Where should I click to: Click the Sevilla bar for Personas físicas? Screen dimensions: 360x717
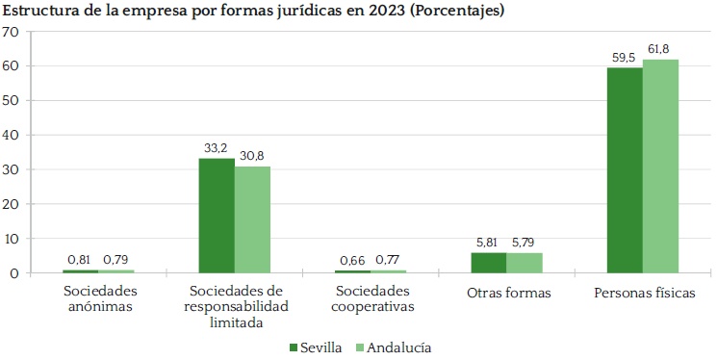[x=625, y=170]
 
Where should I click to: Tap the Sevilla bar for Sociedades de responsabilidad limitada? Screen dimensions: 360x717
[x=217, y=216]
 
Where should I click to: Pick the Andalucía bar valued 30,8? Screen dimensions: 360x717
[x=252, y=219]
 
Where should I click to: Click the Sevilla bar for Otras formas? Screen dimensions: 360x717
[x=489, y=263]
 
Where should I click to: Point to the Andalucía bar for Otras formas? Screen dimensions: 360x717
[x=525, y=263]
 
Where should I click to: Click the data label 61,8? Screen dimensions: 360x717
[x=659, y=49]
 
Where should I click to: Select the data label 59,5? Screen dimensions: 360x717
[x=624, y=57]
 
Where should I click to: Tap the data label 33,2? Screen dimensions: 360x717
[x=216, y=148]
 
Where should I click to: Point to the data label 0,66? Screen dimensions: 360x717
[x=352, y=260]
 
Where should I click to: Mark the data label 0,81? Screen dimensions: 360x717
[x=80, y=260]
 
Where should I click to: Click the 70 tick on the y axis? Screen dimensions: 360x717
[x=12, y=32]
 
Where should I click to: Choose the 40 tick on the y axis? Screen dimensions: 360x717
[x=12, y=135]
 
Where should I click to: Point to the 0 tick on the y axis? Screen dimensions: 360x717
[x=15, y=273]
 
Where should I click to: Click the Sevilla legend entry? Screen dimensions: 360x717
[x=315, y=347]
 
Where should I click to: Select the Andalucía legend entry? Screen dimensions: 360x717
[x=388, y=347]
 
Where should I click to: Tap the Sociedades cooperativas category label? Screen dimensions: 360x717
[x=372, y=299]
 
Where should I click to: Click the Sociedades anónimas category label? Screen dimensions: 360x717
[x=99, y=299]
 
